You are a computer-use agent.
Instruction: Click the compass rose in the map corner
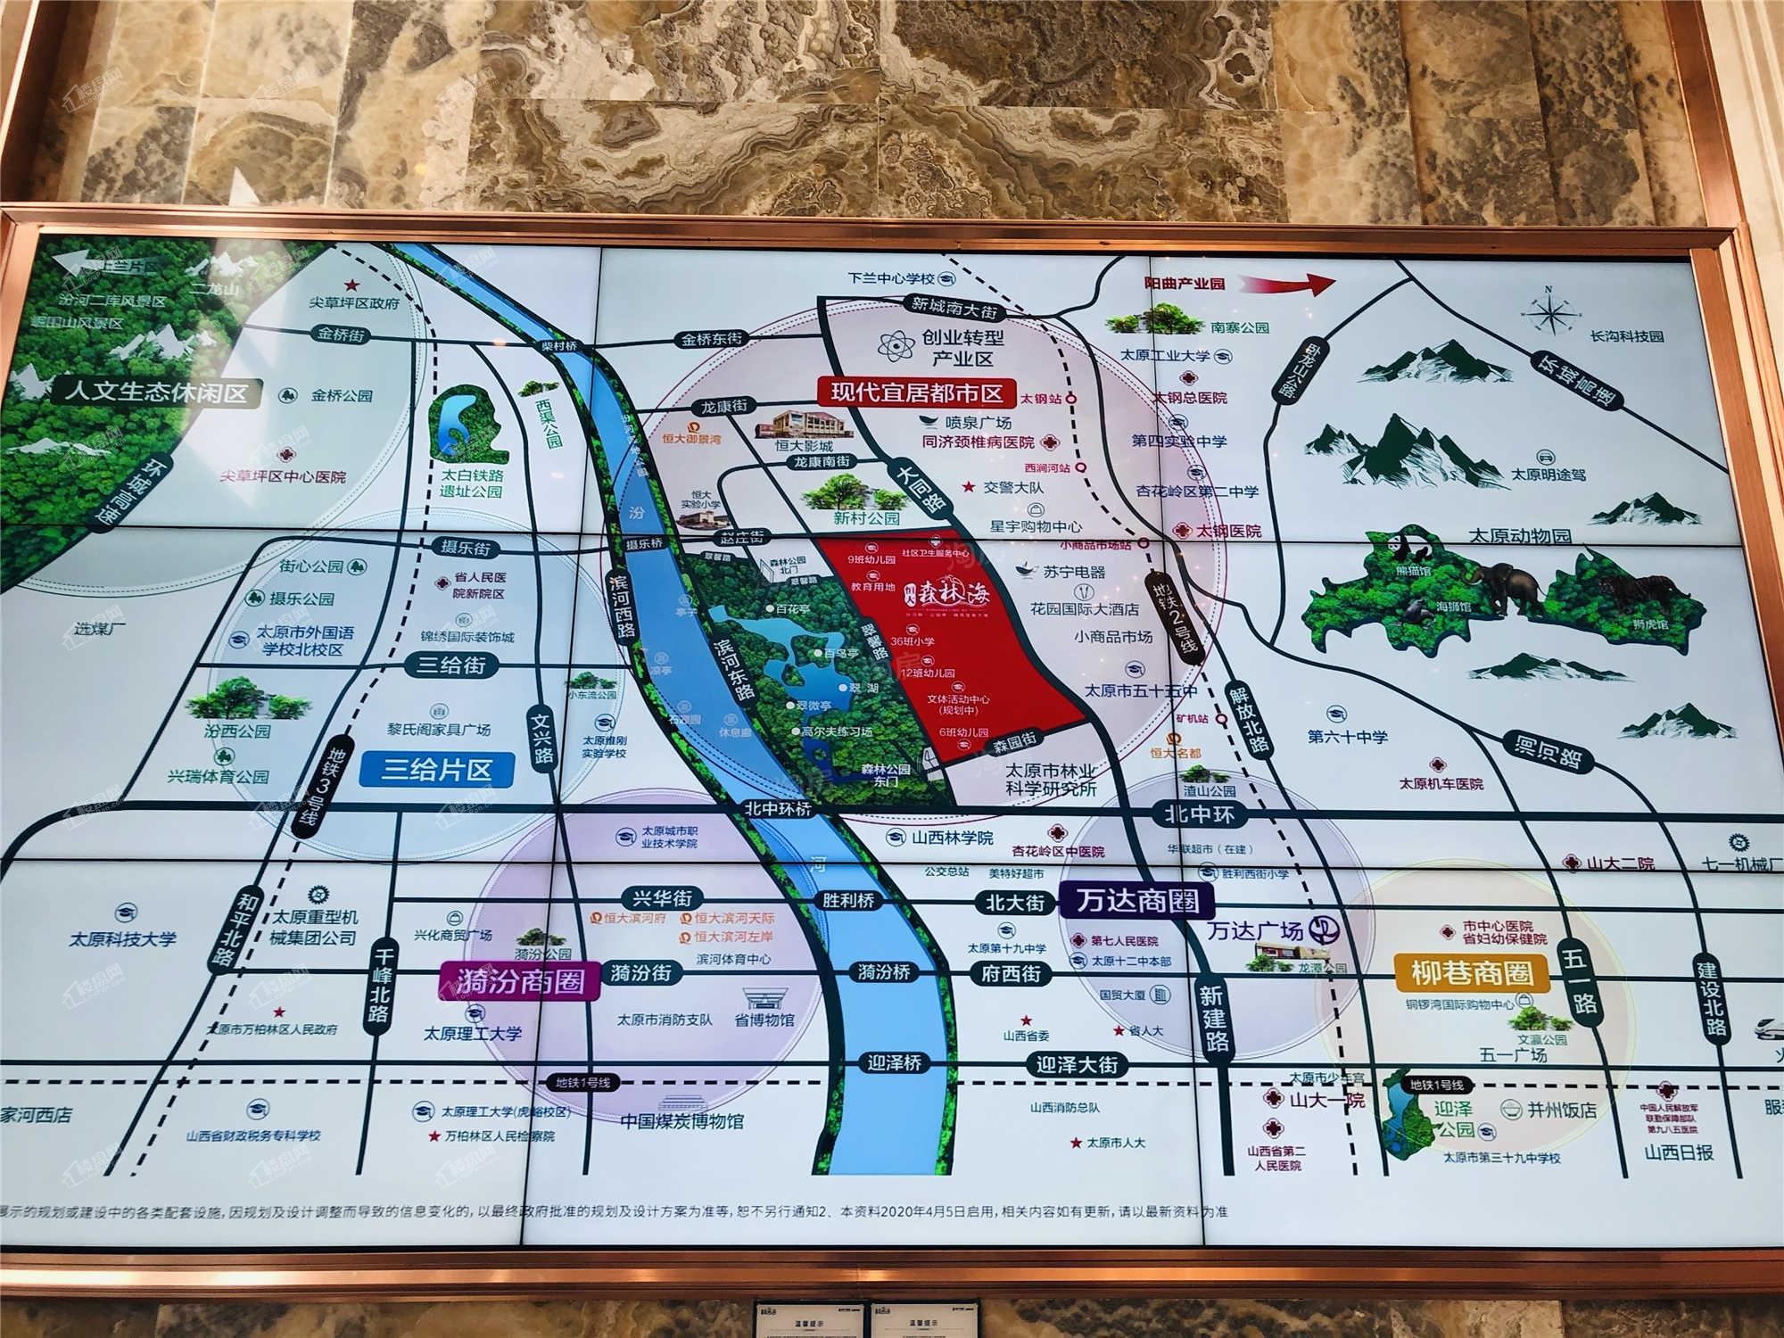pyautogui.click(x=1550, y=311)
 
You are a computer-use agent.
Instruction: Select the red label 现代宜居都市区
pyautogui.click(x=916, y=392)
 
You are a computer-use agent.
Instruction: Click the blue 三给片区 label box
pyautogui.click(x=436, y=769)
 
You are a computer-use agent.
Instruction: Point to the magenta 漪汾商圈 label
pyautogui.click(x=518, y=981)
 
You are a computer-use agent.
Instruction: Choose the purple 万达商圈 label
pyautogui.click(x=1137, y=900)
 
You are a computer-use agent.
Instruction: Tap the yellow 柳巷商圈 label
pyautogui.click(x=1471, y=971)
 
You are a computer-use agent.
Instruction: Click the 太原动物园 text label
pyautogui.click(x=1520, y=535)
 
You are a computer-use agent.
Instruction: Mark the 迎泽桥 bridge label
pyautogui.click(x=894, y=1063)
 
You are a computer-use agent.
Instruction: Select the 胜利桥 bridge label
pyautogui.click(x=848, y=900)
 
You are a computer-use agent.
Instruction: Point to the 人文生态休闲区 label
pyautogui.click(x=155, y=392)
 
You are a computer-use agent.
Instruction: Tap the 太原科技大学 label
pyautogui.click(x=123, y=939)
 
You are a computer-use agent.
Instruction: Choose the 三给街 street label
pyautogui.click(x=451, y=665)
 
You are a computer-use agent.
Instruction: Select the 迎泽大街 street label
pyautogui.click(x=1077, y=1064)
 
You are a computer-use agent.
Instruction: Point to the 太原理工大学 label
pyautogui.click(x=473, y=1034)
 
